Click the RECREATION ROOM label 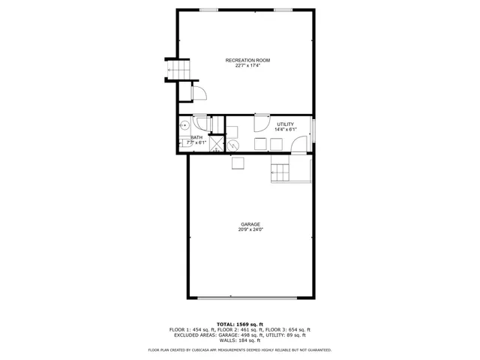click(247, 60)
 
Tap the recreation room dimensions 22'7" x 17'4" click(247, 65)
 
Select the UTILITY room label click(285, 124)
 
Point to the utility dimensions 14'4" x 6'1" click(285, 130)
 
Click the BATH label click(196, 137)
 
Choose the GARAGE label click(250, 224)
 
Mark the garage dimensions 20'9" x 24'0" click(250, 229)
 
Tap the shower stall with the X click(216, 143)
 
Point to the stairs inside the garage click(280, 172)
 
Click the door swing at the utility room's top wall click(262, 123)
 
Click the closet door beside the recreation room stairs click(199, 93)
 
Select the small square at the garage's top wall click(238, 163)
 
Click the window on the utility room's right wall click(313, 133)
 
